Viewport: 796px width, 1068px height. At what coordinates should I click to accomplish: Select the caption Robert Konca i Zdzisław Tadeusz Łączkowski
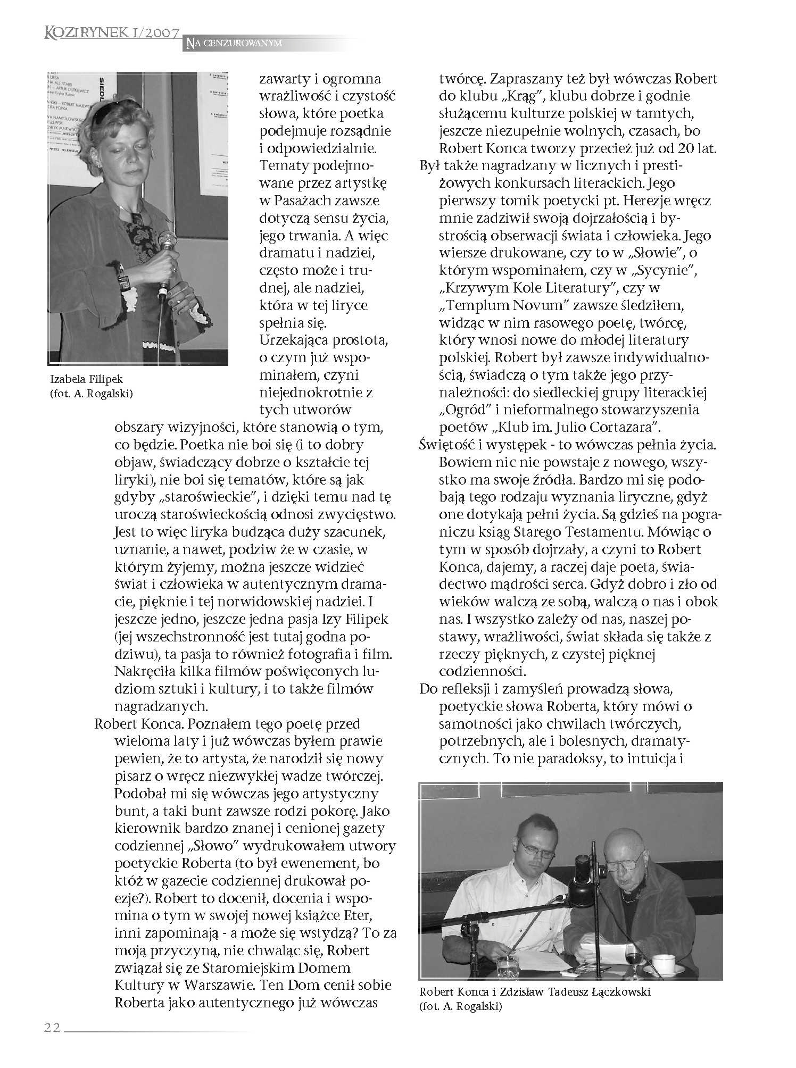click(535, 992)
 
